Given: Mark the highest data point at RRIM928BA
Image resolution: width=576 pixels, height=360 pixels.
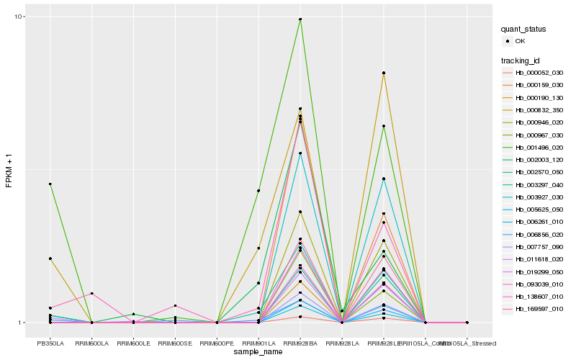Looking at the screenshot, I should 300,19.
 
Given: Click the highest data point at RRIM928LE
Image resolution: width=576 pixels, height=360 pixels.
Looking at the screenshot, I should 384,73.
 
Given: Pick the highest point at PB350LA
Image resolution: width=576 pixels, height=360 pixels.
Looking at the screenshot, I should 50,184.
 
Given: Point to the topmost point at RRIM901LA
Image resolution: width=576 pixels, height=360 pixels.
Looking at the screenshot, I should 258,191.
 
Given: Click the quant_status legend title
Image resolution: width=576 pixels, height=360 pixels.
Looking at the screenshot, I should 526,30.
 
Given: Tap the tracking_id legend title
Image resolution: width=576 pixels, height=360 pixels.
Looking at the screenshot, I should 521,60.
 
